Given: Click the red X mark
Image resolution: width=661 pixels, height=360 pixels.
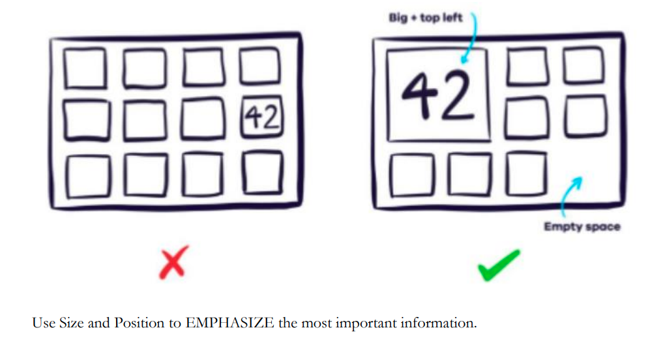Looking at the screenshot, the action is click(173, 263).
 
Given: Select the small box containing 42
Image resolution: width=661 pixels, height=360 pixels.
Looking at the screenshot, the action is click(262, 117).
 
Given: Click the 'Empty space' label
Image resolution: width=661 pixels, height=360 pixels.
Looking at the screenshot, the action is click(582, 227).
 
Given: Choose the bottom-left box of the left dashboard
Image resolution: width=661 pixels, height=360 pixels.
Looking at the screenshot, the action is click(85, 173).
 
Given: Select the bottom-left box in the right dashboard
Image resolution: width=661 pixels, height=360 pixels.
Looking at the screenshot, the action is click(409, 175).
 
